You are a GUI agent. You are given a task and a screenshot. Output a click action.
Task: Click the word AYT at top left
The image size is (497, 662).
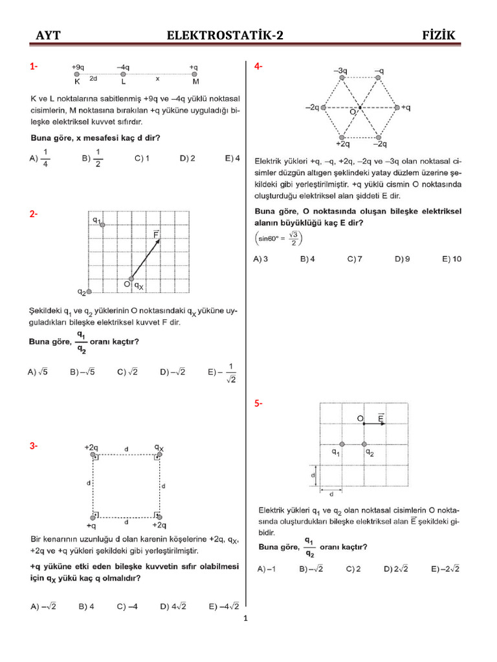pyautogui.click(x=48, y=36)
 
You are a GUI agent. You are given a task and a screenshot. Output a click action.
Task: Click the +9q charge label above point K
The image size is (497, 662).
pyautogui.click(x=77, y=67)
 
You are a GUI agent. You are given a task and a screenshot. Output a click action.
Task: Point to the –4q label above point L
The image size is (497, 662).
pyautogui.click(x=124, y=67)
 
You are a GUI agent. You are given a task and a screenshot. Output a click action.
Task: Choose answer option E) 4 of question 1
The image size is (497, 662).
pyautogui.click(x=232, y=158)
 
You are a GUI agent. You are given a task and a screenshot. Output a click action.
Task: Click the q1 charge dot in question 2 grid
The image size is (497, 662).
pyautogui.click(x=103, y=221)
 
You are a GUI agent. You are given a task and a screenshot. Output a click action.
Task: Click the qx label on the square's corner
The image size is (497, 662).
pyautogui.click(x=159, y=447)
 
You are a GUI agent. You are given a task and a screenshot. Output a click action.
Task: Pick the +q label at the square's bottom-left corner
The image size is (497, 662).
pyautogui.click(x=91, y=525)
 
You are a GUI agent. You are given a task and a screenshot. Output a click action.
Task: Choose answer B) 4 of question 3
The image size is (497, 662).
pyautogui.click(x=87, y=606)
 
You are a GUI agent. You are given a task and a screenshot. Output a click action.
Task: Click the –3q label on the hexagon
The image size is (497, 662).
pyautogui.click(x=341, y=70)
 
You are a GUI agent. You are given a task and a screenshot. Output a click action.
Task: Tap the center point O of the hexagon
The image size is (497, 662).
pyautogui.click(x=360, y=107)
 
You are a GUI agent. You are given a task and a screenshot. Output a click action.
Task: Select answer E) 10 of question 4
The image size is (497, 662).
pyautogui.click(x=452, y=259)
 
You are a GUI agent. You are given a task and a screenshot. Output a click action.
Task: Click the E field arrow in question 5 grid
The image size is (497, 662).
pyautogui.click(x=373, y=424)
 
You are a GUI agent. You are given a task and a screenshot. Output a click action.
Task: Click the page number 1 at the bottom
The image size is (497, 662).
pyautogui.click(x=246, y=619)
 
